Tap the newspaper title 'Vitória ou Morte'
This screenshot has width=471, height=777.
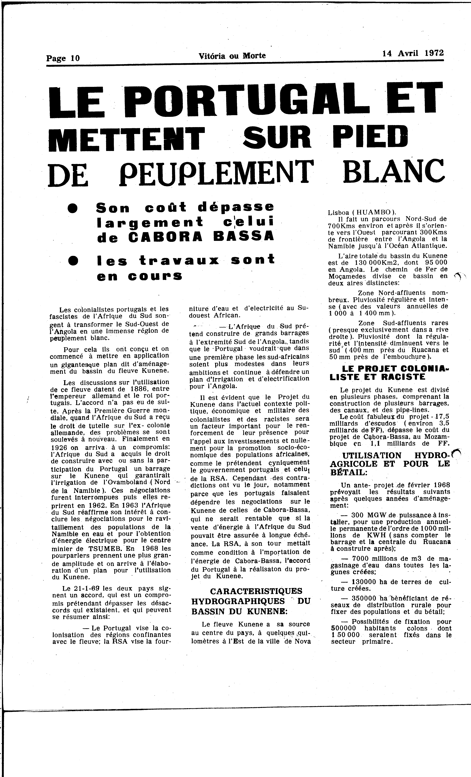pos(232,56)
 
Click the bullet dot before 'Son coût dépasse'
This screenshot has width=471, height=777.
pos(73,208)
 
